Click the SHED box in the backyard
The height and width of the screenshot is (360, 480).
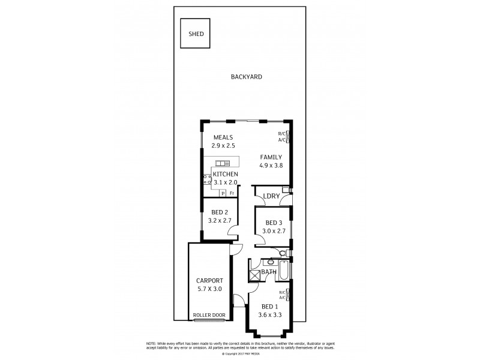[x=196, y=34]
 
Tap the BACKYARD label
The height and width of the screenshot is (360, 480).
[x=247, y=77]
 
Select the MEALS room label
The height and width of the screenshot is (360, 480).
[x=223, y=137]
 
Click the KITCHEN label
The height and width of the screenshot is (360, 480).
[x=226, y=174]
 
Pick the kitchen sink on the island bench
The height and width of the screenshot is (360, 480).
[x=223, y=163]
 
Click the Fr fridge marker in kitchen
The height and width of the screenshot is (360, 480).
[x=232, y=193]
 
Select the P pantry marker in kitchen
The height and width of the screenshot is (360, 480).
[x=222, y=193]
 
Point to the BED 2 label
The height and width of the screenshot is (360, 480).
[x=220, y=212]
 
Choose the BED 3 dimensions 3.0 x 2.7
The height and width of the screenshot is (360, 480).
[x=274, y=231]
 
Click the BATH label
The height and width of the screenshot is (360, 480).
[x=268, y=272]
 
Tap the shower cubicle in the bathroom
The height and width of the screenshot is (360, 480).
[x=254, y=274]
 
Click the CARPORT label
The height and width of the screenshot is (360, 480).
[x=209, y=280]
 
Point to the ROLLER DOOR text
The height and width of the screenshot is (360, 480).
[x=209, y=315]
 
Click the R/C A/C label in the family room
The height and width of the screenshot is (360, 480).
[x=282, y=136]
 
